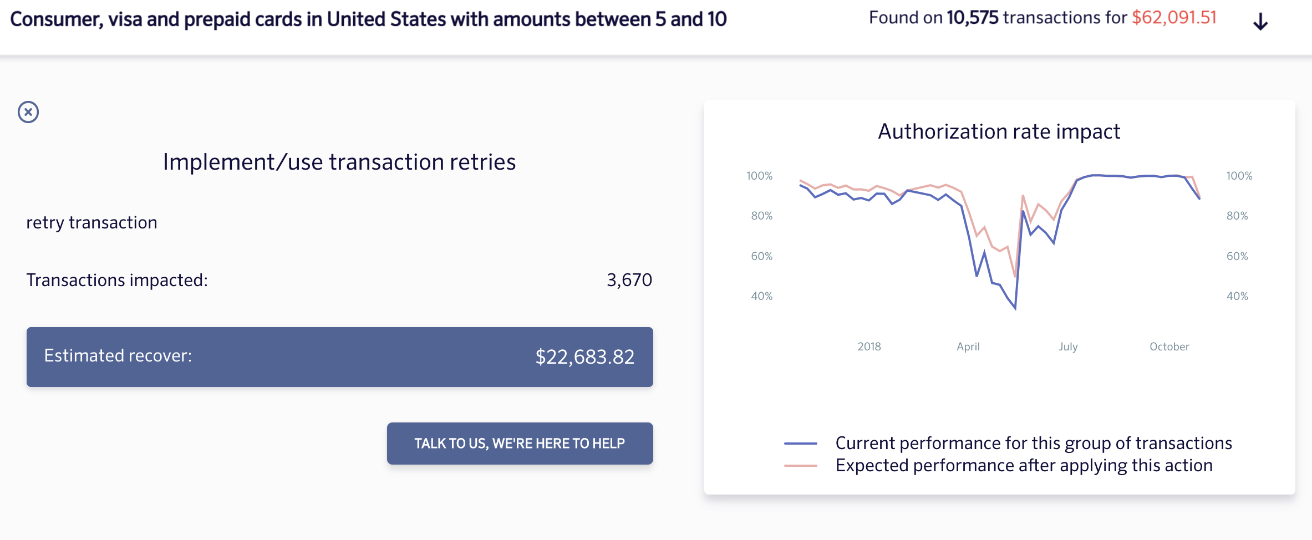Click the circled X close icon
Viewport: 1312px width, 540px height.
(x=28, y=112)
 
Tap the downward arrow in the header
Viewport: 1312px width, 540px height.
(x=1260, y=22)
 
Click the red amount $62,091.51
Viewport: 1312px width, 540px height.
(x=1174, y=18)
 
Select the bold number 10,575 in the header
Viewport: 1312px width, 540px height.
(x=972, y=18)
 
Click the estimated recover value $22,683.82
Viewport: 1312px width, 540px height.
(x=584, y=357)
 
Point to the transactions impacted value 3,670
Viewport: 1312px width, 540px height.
(x=629, y=280)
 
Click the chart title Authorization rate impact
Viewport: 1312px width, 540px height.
(x=999, y=132)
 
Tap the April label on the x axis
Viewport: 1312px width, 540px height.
(x=968, y=347)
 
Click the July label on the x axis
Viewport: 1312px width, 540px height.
(x=1068, y=347)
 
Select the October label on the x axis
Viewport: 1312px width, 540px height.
(x=1169, y=347)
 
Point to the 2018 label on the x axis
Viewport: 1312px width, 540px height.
(x=869, y=347)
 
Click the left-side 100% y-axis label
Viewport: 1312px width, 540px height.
(x=759, y=176)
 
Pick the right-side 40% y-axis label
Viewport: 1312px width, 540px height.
(x=1237, y=296)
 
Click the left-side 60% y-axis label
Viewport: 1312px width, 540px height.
(x=761, y=256)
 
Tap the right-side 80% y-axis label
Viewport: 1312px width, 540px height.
(x=1237, y=216)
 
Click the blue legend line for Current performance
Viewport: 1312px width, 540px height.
(x=800, y=444)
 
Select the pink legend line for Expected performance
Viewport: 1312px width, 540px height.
(x=800, y=466)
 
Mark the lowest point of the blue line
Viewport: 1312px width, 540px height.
(x=1015, y=308)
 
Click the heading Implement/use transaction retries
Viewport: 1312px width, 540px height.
(x=339, y=162)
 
